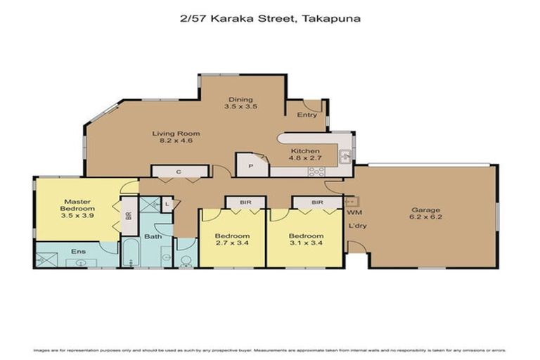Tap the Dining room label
[240, 99]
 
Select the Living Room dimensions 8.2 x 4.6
[176, 141]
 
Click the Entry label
[307, 115]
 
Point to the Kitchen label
[306, 151]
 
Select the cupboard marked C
[179, 172]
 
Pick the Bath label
[154, 236]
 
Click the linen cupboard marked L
[167, 205]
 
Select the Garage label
[426, 210]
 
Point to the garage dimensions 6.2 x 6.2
[426, 218]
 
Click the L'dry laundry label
[358, 226]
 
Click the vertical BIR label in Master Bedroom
[128, 217]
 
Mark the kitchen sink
[345, 157]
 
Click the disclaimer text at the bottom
[270, 350]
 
